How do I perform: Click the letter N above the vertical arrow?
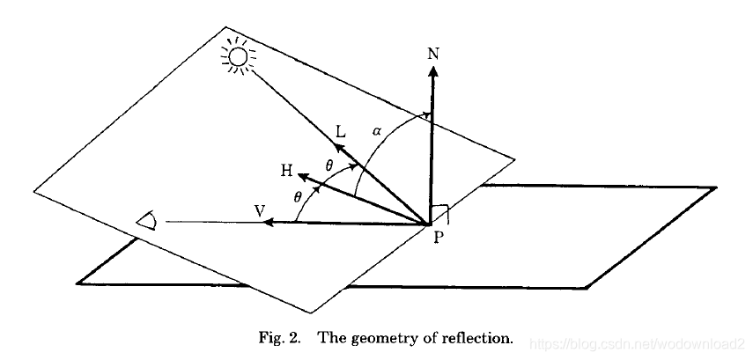(432, 54)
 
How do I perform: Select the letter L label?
(341, 131)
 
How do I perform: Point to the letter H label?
(286, 171)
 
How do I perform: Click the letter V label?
(259, 210)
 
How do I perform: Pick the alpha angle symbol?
(376, 130)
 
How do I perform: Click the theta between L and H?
(329, 165)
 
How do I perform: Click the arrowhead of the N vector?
(432, 71)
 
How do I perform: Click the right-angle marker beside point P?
(446, 214)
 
